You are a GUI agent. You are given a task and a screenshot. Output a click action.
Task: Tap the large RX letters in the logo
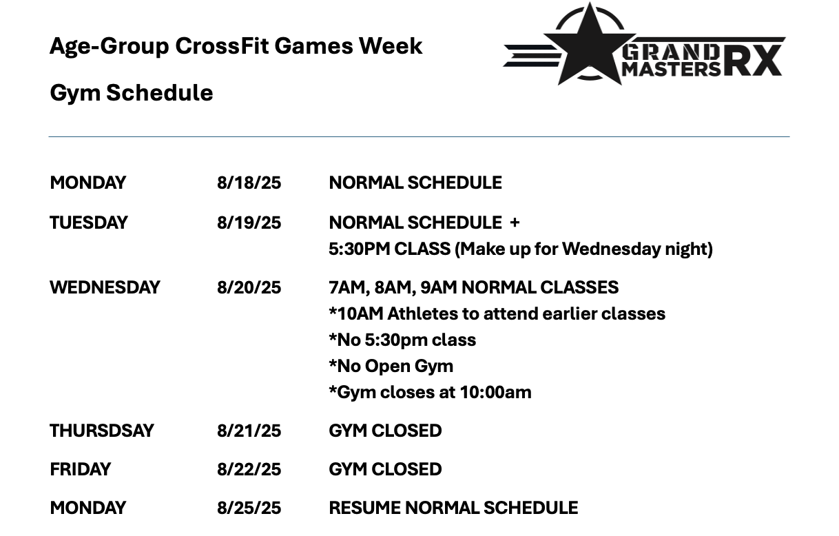[754, 61]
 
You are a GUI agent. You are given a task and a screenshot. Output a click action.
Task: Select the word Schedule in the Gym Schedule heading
[160, 92]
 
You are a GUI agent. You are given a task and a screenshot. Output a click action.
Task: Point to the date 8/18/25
[249, 183]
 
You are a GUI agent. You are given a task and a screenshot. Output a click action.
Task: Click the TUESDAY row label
[89, 223]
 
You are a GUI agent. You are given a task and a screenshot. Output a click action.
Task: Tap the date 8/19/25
[249, 223]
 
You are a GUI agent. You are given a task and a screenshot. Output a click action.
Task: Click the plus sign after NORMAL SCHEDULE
[515, 223]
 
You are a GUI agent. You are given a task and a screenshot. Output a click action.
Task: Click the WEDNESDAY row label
[105, 288]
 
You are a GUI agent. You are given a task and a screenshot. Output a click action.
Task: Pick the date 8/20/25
[249, 288]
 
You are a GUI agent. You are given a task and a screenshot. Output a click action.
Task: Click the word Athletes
[422, 314]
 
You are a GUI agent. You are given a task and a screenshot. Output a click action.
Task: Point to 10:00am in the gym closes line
[495, 393]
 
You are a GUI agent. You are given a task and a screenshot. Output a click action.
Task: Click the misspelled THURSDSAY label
[102, 431]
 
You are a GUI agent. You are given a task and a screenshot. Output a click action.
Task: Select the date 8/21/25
[249, 431]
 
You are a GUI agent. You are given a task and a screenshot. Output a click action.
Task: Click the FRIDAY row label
[80, 469]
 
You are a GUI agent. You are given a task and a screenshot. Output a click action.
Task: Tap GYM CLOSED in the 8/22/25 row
[385, 469]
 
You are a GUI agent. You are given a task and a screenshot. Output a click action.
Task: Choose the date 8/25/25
[249, 508]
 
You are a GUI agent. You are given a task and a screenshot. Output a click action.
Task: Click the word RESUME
[365, 508]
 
